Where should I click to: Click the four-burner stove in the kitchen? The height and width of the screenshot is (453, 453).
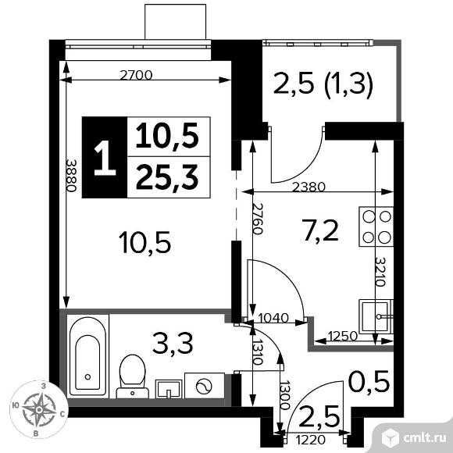[376, 225]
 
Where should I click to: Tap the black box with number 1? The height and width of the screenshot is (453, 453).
[102, 158]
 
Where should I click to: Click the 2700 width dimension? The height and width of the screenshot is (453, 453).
[136, 76]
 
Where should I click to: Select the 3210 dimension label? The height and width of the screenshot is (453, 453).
[380, 271]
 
